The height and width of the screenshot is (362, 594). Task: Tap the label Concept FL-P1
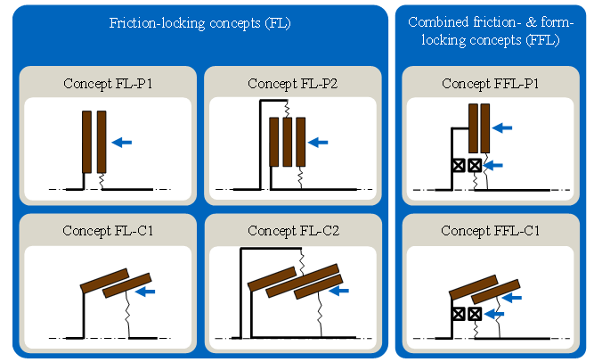coord(107,84)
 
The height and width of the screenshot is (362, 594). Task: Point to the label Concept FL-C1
coord(107,231)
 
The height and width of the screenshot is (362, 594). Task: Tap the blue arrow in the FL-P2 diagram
coord(319,141)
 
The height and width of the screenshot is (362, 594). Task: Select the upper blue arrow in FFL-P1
coord(504,128)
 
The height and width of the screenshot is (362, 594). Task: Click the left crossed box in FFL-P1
coord(460,165)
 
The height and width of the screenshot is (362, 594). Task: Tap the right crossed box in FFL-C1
coord(476,313)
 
